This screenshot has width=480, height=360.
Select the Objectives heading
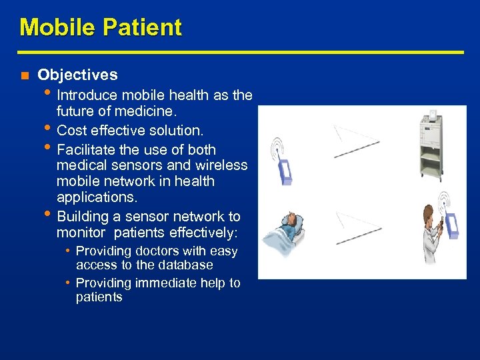(77, 75)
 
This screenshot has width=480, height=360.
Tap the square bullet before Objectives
(23, 76)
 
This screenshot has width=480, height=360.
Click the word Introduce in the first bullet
(89, 95)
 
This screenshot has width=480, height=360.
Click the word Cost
(72, 130)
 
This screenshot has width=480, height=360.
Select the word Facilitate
(88, 149)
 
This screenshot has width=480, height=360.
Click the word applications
(96, 197)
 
